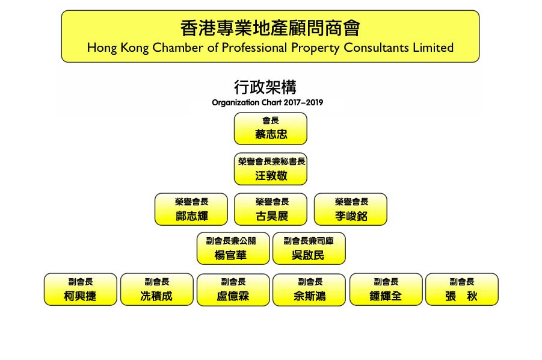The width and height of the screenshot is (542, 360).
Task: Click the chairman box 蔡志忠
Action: coord(270,129)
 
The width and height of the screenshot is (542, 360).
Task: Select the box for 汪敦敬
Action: coord(270,169)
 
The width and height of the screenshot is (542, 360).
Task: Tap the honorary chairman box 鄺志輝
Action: coord(191,209)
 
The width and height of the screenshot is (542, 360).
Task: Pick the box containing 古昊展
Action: coord(270,209)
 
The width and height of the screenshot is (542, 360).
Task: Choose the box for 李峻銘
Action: coord(351,209)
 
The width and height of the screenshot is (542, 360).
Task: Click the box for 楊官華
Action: coord(233,248)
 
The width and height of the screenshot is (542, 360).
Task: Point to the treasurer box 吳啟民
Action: coord(309,248)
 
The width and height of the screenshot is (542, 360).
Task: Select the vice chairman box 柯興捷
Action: coord(81,290)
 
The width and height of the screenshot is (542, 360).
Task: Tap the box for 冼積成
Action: coord(157,290)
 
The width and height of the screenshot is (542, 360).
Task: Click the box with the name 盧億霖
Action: coord(233,290)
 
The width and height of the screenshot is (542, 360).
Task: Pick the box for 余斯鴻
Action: coord(309,290)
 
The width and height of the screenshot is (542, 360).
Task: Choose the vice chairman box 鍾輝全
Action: coord(386,290)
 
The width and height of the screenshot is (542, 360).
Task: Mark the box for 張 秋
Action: coord(462,290)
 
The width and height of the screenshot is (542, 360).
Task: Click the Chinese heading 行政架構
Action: coord(265,87)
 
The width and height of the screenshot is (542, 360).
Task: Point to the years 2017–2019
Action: coord(303,102)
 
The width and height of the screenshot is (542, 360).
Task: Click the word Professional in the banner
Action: coord(254,48)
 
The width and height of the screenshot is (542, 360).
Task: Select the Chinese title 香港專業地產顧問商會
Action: coord(270,28)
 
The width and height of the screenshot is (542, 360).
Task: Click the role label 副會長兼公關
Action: coord(231,241)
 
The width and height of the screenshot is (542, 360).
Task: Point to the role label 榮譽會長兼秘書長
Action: coord(272,161)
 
